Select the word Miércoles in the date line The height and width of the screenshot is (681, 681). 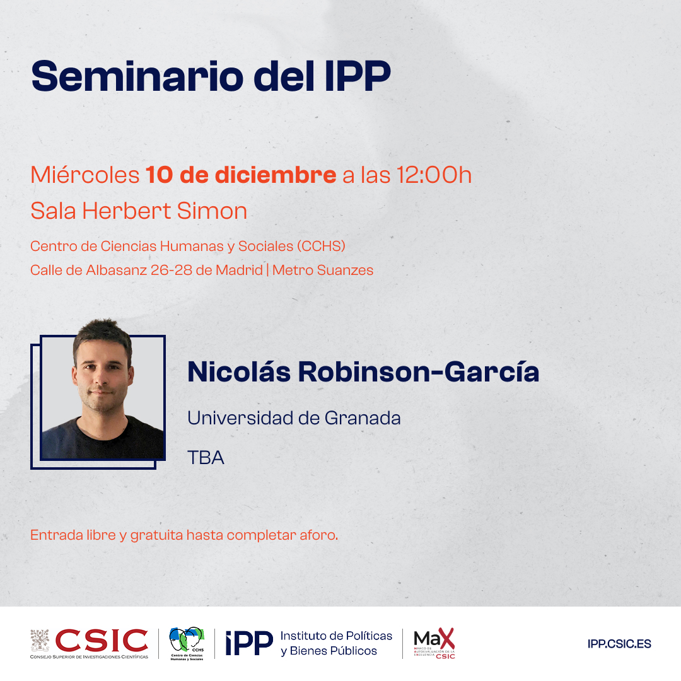[x=84, y=175]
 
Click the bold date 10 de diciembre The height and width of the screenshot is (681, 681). [x=241, y=175]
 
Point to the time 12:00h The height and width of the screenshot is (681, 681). [x=434, y=175]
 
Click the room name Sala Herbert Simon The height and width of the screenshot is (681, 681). [x=139, y=211]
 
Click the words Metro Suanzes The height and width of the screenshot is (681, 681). [x=323, y=271]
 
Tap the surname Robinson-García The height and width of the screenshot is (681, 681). [x=418, y=372]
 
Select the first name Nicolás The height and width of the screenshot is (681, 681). [x=239, y=372]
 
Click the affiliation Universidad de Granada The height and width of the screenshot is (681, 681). [x=294, y=417]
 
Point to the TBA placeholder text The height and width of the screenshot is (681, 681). [x=206, y=457]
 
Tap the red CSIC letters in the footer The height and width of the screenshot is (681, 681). [x=102, y=639]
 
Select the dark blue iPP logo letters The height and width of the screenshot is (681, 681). [x=249, y=644]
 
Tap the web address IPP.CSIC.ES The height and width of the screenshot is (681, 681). [x=619, y=644]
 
